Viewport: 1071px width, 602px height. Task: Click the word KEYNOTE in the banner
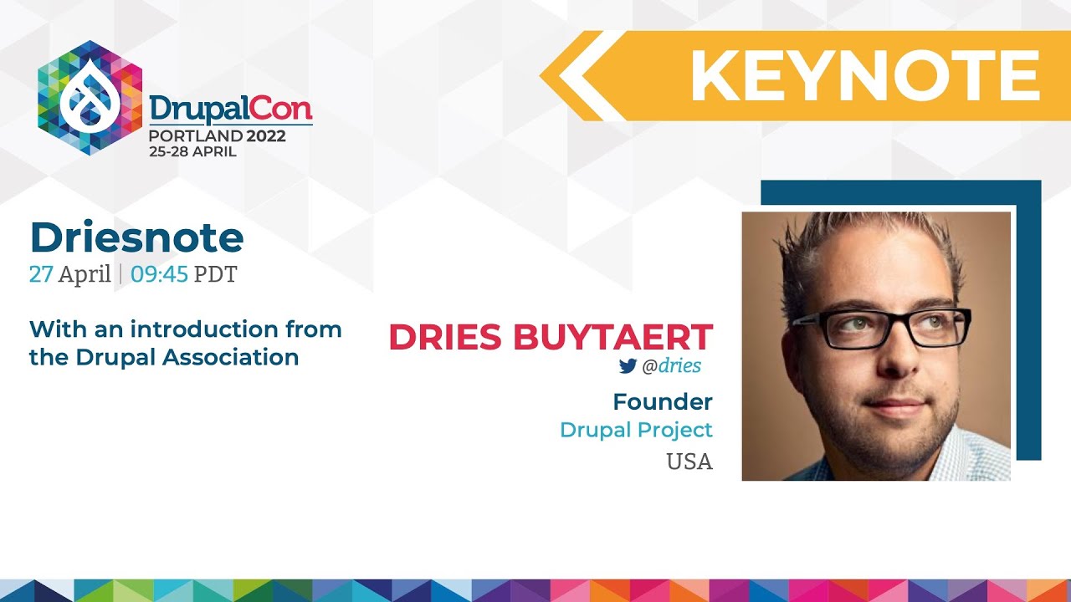click(x=864, y=76)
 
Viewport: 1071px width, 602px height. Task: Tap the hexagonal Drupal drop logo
click(x=90, y=98)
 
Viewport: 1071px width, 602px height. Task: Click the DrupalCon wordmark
click(x=230, y=109)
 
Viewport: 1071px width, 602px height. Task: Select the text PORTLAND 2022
click(x=218, y=136)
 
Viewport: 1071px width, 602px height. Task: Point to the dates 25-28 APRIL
click(x=192, y=152)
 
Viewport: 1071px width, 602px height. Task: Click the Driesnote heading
click(x=136, y=238)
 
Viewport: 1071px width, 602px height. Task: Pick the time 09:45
click(x=159, y=274)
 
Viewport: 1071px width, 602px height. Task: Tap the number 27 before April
click(x=41, y=274)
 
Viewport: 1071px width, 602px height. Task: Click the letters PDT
click(x=215, y=274)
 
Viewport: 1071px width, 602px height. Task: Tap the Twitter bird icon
click(x=628, y=366)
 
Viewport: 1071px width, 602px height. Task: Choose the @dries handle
click(x=671, y=366)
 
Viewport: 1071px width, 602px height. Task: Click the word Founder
click(x=663, y=402)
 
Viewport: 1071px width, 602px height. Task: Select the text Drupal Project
click(x=636, y=430)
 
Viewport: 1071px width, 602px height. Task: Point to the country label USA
click(x=689, y=462)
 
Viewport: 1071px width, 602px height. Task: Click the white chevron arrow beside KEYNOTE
click(x=586, y=76)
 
